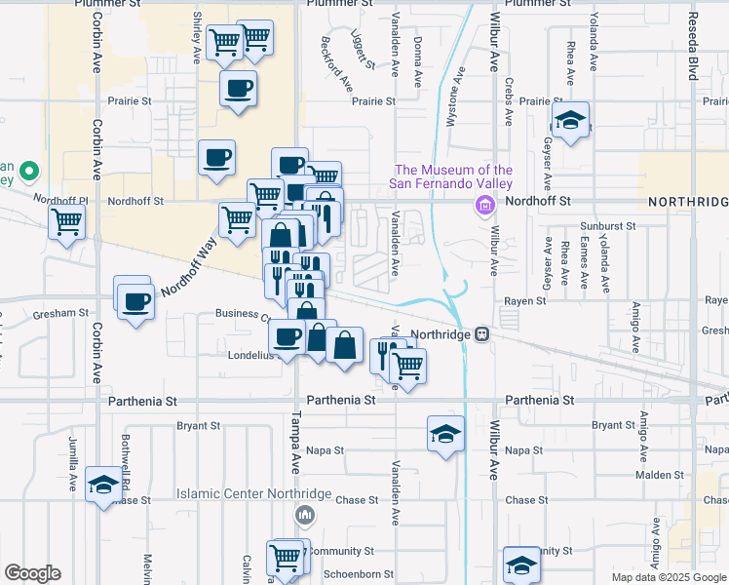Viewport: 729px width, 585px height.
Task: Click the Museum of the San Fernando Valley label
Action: pos(451,176)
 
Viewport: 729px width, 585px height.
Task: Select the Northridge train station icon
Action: pos(481,333)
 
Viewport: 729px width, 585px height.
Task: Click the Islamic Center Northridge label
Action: pos(254,493)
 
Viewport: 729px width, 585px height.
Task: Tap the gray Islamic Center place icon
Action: pos(306,514)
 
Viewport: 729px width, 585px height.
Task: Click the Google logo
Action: pos(32,573)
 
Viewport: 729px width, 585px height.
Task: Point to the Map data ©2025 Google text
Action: pos(669,577)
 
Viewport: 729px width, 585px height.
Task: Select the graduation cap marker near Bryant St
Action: pos(445,432)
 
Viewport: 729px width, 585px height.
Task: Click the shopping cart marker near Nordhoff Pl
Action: pos(66,220)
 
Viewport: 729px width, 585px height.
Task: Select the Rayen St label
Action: pos(526,302)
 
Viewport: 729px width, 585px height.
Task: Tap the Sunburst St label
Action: pos(611,225)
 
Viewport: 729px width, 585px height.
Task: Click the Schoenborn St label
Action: pos(360,575)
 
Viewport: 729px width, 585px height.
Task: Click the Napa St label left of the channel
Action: pos(326,450)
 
